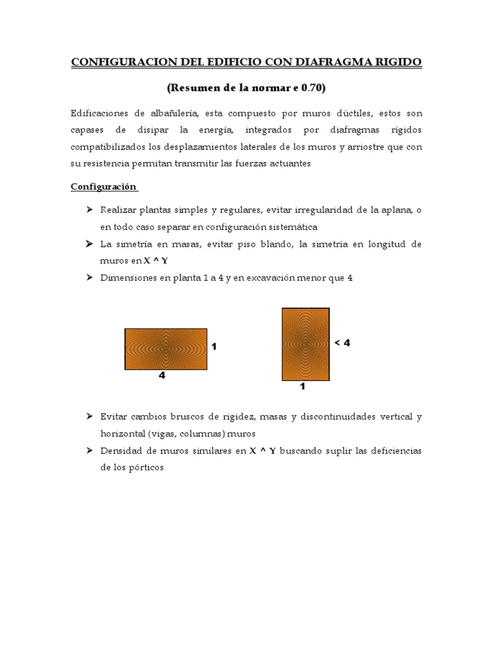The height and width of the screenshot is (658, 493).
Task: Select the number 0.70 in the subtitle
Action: pyautogui.click(x=311, y=86)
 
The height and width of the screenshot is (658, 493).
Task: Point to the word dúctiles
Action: pyautogui.click(x=332, y=113)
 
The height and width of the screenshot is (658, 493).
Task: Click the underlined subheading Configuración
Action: pyautogui.click(x=103, y=186)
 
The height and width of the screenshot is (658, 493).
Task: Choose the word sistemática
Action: pyautogui.click(x=284, y=227)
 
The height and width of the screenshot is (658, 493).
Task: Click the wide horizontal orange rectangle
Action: pyautogui.click(x=166, y=349)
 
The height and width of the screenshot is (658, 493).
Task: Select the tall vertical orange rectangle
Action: pyautogui.click(x=306, y=344)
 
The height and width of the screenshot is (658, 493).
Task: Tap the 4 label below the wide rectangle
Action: pyautogui.click(x=162, y=376)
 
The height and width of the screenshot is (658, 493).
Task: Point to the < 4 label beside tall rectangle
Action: pyautogui.click(x=342, y=343)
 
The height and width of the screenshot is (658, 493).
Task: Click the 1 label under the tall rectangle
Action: pyautogui.click(x=302, y=387)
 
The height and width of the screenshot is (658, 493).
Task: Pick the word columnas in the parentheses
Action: pyautogui.click(x=192, y=434)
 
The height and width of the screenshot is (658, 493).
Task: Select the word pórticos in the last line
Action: pyautogui.click(x=147, y=468)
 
